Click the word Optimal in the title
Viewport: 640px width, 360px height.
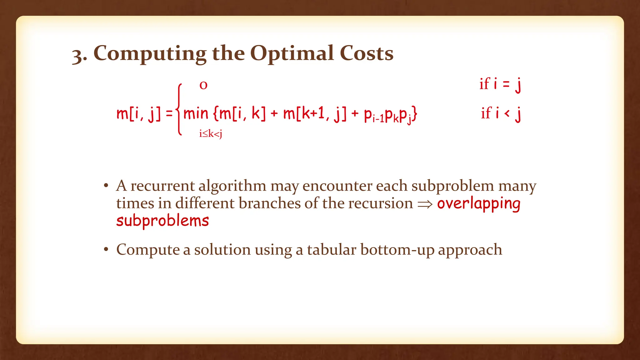tap(292, 53)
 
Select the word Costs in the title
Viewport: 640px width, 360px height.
tap(366, 53)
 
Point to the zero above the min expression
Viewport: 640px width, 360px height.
tap(203, 85)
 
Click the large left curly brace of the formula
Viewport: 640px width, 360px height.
tap(179, 109)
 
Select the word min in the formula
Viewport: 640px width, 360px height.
tap(196, 113)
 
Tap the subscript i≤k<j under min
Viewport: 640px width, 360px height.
tap(211, 134)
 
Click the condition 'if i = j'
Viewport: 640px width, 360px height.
tap(500, 84)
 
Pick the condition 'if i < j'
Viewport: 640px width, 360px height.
tap(501, 113)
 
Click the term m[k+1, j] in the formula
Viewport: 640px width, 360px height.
tap(315, 114)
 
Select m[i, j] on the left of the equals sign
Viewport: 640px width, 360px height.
tap(139, 114)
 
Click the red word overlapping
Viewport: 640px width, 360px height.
tap(478, 204)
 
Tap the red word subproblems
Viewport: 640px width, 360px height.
tap(162, 221)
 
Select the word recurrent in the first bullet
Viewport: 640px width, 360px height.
tap(162, 186)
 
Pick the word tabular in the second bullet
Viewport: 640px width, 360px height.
tap(332, 250)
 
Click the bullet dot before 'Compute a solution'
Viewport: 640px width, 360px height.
tap(106, 250)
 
